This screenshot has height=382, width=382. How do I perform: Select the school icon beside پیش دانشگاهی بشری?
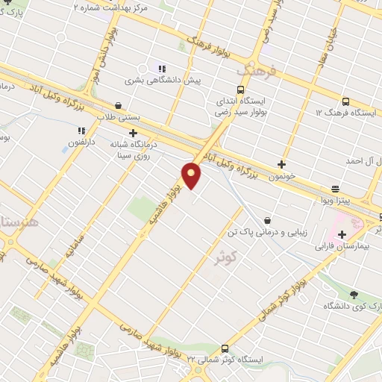click(161, 69)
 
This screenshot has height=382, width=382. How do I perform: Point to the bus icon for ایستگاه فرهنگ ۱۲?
click(345, 101)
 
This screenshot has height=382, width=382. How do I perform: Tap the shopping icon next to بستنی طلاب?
click(119, 106)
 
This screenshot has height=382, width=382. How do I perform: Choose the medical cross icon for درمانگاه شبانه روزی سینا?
click(134, 132)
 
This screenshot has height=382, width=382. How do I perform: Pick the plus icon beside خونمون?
click(281, 164)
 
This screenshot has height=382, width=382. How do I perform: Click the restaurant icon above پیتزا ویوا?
click(336, 190)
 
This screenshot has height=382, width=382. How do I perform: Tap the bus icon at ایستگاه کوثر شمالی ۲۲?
click(225, 348)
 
